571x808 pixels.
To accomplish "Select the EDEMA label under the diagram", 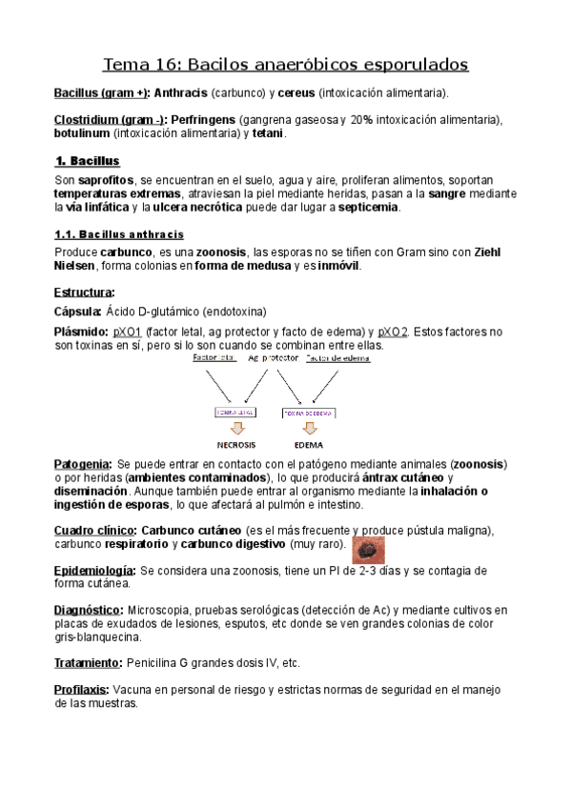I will click(308, 445).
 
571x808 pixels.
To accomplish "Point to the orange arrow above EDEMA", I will click(308, 427).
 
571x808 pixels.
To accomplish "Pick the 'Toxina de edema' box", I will click(308, 413).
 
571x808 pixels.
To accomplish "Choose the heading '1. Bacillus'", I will click(87, 161).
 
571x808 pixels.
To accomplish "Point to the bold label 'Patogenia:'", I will click(84, 463).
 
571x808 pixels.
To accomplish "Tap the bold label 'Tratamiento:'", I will click(89, 662).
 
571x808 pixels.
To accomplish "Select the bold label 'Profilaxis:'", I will click(83, 689).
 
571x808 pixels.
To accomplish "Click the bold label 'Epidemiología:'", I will click(94, 570).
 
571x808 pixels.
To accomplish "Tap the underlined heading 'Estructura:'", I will click(85, 292).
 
